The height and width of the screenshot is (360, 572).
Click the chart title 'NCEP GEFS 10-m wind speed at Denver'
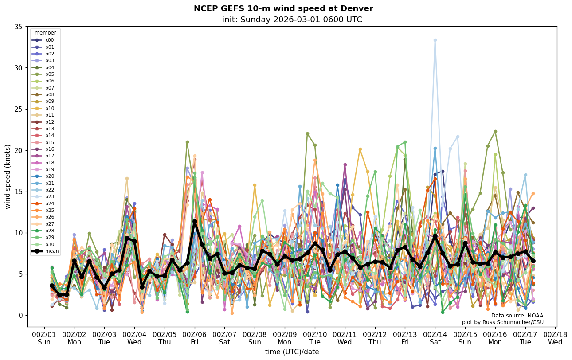tap(283, 8)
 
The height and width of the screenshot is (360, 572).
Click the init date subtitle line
tap(292, 20)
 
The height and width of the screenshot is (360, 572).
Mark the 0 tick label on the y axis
tap(20, 315)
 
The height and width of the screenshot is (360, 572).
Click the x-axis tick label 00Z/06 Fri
tap(195, 338)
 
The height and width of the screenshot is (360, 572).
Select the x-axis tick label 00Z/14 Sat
tap(435, 338)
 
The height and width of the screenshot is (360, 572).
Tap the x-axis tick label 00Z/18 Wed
tap(555, 338)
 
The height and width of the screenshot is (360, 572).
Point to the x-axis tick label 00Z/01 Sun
tap(44, 338)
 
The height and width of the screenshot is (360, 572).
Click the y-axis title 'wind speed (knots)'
tap(8, 176)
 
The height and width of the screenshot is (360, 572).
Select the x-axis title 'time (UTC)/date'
tap(292, 352)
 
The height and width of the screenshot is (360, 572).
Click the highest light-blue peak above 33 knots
tap(435, 40)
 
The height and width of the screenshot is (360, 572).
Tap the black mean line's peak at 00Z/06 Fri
tap(195, 221)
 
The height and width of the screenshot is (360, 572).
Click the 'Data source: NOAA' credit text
tap(517, 316)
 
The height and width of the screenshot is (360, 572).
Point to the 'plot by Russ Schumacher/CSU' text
tap(502, 322)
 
